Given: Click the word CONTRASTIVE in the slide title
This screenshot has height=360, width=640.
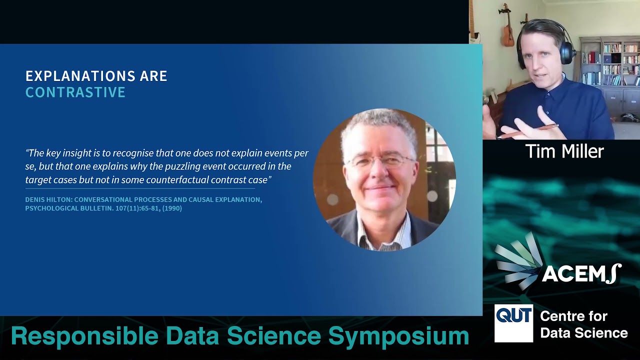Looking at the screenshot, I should [75, 92].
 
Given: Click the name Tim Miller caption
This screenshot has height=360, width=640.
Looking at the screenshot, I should [564, 151].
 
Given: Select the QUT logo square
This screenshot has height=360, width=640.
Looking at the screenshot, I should [513, 323].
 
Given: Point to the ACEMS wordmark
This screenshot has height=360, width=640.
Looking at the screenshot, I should [581, 273].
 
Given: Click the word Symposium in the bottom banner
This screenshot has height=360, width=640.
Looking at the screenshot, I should [398, 336].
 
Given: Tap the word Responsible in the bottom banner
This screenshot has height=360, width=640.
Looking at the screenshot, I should [84, 336].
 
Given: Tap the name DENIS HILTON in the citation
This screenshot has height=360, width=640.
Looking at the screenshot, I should [48, 199].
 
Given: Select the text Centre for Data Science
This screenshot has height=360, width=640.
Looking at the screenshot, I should [583, 324].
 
